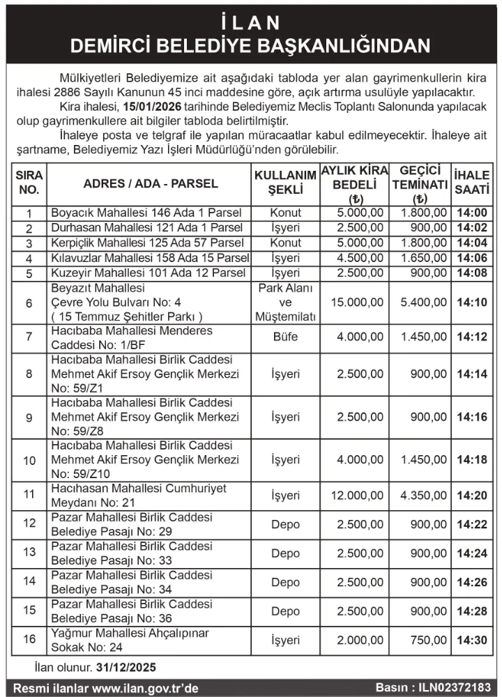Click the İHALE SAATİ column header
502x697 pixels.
click(472, 183)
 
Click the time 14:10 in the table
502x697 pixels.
click(472, 302)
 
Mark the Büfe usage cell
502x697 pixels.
click(284, 337)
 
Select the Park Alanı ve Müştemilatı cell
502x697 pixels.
click(284, 302)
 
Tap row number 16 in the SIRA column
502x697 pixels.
click(29, 640)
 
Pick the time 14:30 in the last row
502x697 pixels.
click(472, 640)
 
